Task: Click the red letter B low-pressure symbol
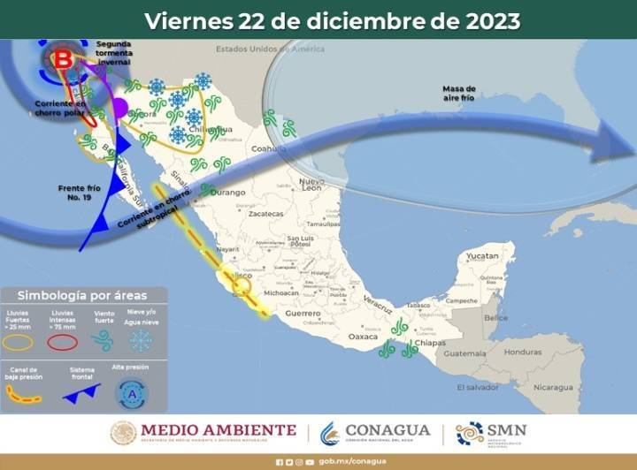pyautogui.click(x=64, y=60)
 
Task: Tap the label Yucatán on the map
pyautogui.click(x=483, y=255)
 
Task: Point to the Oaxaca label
pyautogui.click(x=364, y=337)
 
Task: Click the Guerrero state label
pyautogui.click(x=303, y=314)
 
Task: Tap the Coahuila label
pyautogui.click(x=270, y=149)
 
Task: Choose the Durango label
pyautogui.click(x=227, y=192)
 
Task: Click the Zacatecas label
pyautogui.click(x=265, y=215)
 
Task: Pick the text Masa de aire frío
pyautogui.click(x=459, y=93)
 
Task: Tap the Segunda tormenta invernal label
pyautogui.click(x=113, y=52)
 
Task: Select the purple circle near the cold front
pyautogui.click(x=121, y=109)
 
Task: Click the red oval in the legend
pyautogui.click(x=62, y=342)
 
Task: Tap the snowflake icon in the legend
pyautogui.click(x=141, y=341)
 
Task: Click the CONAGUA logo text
pyautogui.click(x=388, y=431)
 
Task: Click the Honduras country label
pyautogui.click(x=523, y=352)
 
